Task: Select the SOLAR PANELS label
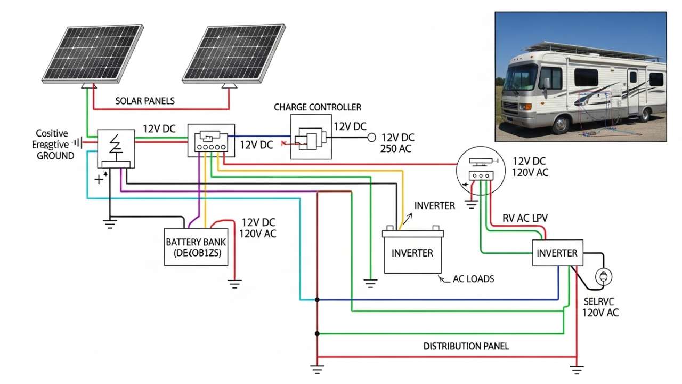pyautogui.click(x=144, y=101)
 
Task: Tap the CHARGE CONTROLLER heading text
pyautogui.click(x=317, y=107)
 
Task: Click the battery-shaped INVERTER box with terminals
pyautogui.click(x=413, y=252)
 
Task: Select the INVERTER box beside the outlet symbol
pyautogui.click(x=557, y=253)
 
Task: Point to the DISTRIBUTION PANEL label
pyautogui.click(x=466, y=346)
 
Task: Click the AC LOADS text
pyautogui.click(x=473, y=279)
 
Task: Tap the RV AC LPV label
pyautogui.click(x=525, y=219)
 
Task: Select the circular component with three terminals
pyautogui.click(x=480, y=171)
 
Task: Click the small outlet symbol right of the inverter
pyautogui.click(x=604, y=276)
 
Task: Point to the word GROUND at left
pyautogui.click(x=55, y=156)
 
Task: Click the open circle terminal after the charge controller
pyautogui.click(x=372, y=137)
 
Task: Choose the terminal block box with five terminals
pyautogui.click(x=211, y=140)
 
